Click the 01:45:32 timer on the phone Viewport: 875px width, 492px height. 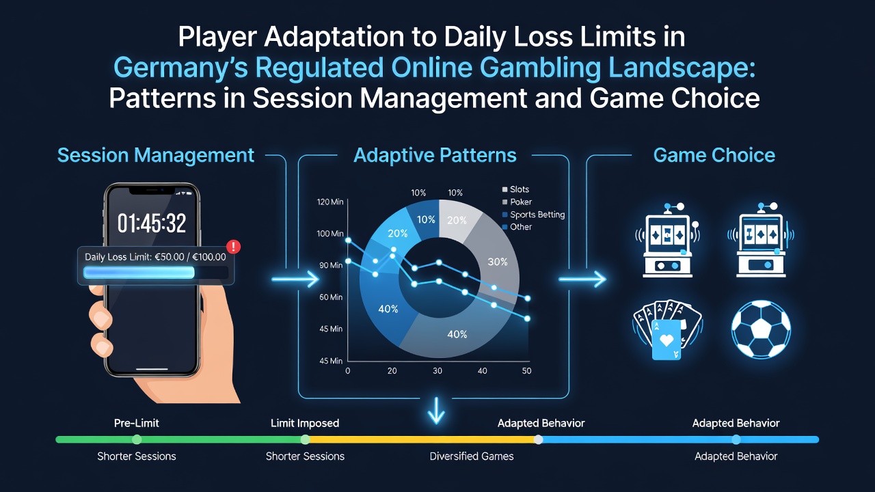[152, 223]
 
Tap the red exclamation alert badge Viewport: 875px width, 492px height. [234, 247]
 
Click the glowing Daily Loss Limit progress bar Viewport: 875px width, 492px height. [139, 273]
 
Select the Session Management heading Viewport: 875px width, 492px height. [156, 155]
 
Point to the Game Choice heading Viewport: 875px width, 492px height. [714, 155]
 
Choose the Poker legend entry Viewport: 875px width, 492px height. [517, 202]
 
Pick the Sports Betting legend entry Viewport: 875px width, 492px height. [533, 215]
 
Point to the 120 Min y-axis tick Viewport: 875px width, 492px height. [330, 202]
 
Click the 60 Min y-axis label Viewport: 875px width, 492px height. [331, 297]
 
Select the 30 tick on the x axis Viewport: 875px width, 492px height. [437, 371]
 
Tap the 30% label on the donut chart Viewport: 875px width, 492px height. [497, 262]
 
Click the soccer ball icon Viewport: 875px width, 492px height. [761, 329]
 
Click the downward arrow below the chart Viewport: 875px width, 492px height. [436, 411]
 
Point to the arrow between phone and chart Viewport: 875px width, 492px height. [295, 279]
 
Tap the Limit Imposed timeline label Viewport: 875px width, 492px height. [305, 423]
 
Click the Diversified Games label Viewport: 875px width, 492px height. [472, 456]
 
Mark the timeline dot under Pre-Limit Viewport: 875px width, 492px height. [137, 439]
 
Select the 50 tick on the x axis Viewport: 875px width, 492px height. [526, 371]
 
